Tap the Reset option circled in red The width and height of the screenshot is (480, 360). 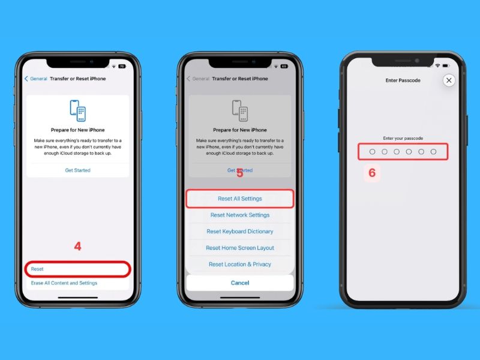37,269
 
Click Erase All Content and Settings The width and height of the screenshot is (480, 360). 64,283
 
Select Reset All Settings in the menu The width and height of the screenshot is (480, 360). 239,199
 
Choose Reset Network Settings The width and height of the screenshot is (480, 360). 239,215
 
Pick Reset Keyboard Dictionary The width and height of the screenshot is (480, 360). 239,232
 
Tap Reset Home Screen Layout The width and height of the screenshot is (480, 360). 239,248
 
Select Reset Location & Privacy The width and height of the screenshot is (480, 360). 239,264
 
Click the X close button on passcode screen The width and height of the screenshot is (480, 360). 449,80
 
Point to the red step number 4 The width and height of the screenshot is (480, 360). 78,246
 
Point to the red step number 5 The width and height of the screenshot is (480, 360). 239,173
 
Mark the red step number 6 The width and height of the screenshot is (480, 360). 372,173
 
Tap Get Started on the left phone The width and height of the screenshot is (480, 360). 78,170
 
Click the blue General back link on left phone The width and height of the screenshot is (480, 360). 36,79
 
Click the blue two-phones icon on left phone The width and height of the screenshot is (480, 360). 78,110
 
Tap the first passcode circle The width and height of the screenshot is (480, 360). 372,152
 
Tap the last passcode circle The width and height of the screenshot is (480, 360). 433,152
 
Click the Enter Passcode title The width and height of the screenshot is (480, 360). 403,80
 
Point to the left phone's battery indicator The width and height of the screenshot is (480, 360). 122,67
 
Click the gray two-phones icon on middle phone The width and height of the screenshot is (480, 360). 239,110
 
